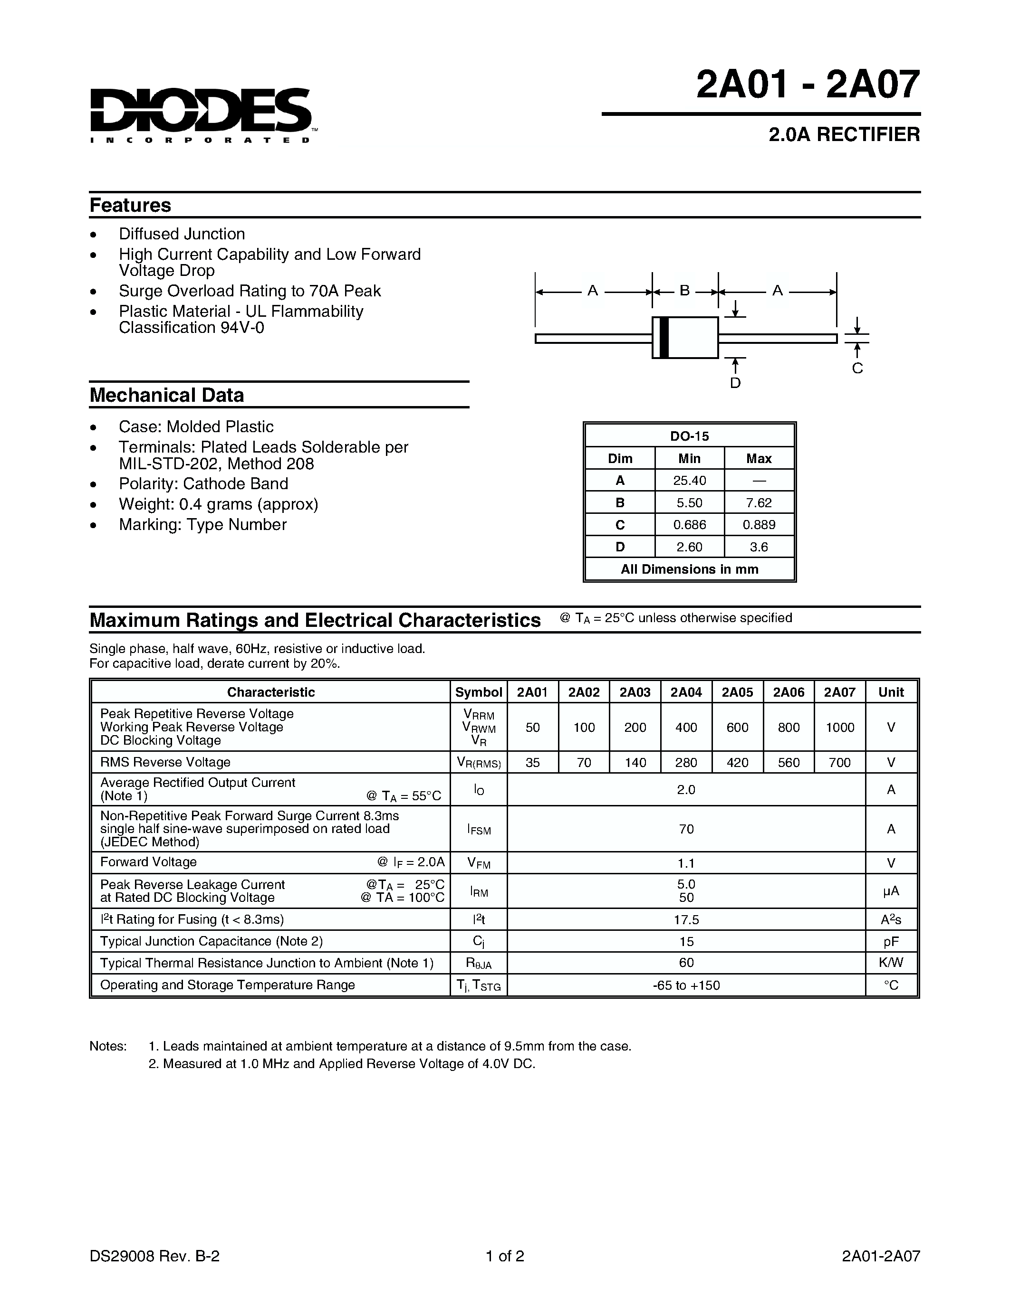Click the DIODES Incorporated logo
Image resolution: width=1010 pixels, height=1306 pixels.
click(201, 114)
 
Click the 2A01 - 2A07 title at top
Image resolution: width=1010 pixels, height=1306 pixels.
click(807, 85)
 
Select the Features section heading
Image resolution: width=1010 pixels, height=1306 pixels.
click(130, 205)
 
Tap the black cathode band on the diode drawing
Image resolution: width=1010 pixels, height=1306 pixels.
click(663, 338)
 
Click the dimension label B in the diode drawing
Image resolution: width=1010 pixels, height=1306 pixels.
click(684, 291)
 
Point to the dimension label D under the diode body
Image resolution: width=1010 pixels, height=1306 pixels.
click(735, 383)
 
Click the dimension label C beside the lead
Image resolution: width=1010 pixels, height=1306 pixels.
click(857, 369)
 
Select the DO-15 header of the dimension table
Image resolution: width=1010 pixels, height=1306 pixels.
click(689, 436)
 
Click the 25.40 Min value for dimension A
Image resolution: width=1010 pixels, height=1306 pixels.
click(689, 481)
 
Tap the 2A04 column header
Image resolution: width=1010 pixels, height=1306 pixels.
click(686, 692)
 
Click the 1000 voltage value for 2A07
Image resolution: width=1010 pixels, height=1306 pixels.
click(839, 727)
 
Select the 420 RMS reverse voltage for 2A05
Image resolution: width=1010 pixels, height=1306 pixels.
click(737, 762)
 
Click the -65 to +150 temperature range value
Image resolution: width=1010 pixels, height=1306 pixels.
click(686, 985)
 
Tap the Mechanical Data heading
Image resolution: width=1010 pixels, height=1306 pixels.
click(167, 395)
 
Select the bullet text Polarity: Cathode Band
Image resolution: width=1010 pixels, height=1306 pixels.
click(203, 484)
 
